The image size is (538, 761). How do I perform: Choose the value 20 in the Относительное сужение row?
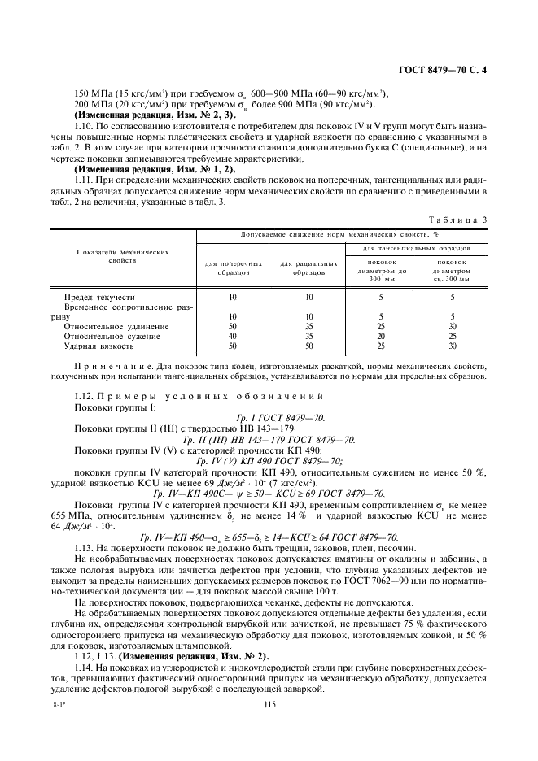coord(380,336)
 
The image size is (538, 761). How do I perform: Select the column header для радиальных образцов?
coord(308,268)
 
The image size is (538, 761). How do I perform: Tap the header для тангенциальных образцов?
coord(416,247)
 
